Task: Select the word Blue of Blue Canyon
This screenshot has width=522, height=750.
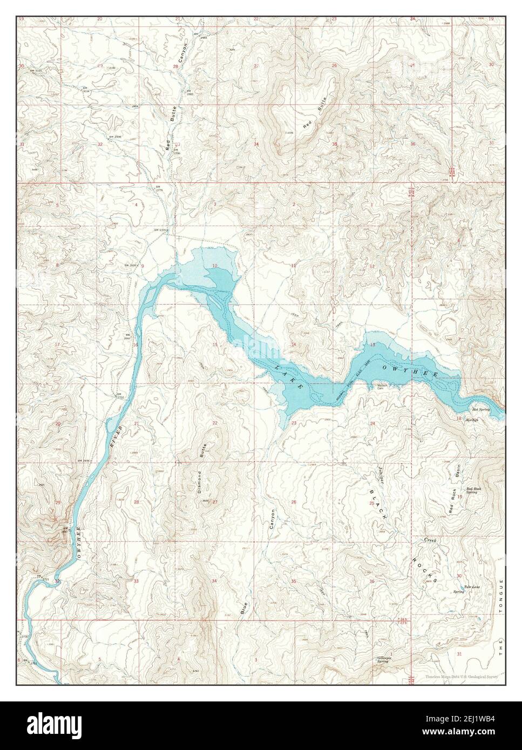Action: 243,607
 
